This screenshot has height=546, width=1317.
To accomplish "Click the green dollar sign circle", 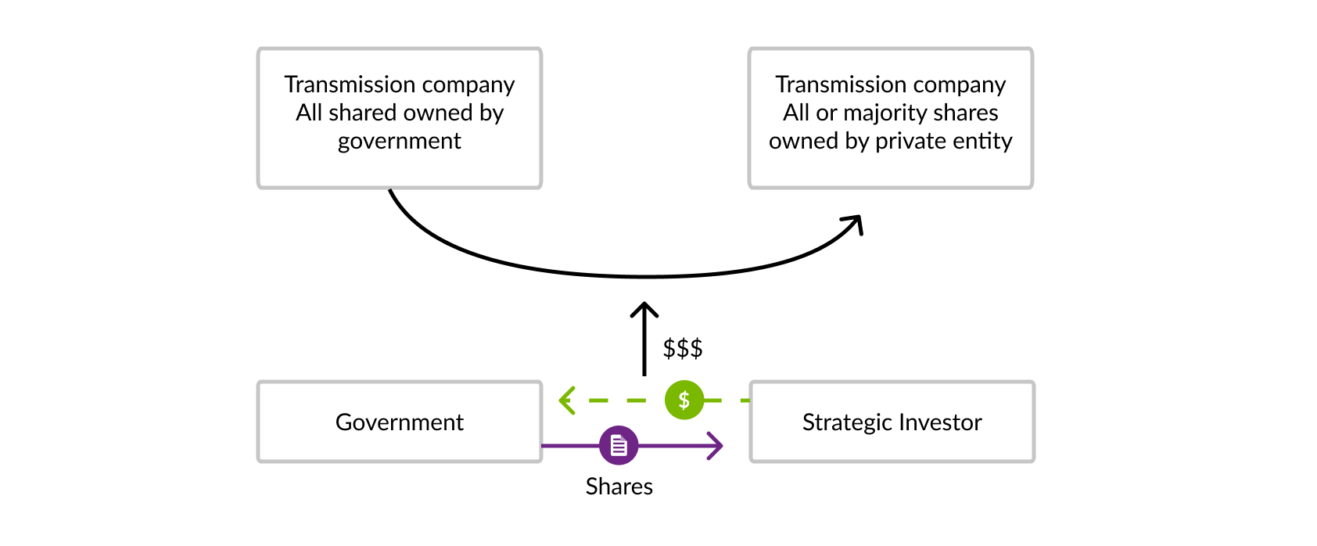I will tap(684, 401).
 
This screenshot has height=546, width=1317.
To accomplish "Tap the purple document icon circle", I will tap(619, 446).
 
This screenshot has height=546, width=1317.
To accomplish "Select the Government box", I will tap(400, 422).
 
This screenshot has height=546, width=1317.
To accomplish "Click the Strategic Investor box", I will tap(892, 422).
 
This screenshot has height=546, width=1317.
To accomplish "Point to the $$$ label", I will tap(683, 348).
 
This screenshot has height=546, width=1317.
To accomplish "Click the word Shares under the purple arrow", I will tap(619, 487).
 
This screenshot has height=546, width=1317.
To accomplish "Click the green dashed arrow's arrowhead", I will tap(565, 401).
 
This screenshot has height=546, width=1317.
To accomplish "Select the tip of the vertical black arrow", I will tap(644, 306).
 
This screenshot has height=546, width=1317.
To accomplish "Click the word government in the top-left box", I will tap(400, 141).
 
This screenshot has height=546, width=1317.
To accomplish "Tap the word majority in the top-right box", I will tap(880, 113).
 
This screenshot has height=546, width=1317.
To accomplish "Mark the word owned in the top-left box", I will tap(432, 113).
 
